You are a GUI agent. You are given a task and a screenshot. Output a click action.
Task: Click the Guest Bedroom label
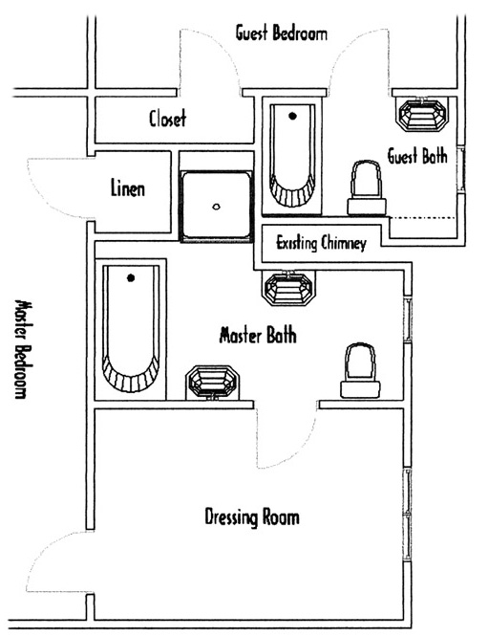pos(281,33)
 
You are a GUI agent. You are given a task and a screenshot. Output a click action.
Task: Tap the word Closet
pos(167,119)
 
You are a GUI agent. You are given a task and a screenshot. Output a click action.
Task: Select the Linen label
pos(128,188)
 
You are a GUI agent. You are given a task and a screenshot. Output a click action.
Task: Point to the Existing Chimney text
pos(321,243)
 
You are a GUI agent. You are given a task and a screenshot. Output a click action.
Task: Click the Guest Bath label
pos(417,156)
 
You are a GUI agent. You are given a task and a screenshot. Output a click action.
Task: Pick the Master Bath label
pos(258,335)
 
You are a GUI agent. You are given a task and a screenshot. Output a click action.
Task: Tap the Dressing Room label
pos(252,517)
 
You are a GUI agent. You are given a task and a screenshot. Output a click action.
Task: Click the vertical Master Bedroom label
pos(21,349)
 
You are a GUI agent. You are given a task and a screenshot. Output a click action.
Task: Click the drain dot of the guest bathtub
pos(292,116)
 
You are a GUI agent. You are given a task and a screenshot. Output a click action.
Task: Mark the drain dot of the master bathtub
pos(131,278)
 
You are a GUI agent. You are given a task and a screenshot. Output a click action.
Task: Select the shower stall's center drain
pos(216,207)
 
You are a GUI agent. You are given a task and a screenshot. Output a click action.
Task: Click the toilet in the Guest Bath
pos(367,187)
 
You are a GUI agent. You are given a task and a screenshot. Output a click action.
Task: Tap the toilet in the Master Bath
pos(360,370)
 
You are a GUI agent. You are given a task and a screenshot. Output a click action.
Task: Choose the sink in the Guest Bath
pos(421,114)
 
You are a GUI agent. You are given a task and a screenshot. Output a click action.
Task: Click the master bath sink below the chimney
pos(288,288)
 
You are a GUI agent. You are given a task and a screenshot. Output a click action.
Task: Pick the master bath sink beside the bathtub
pos(213,383)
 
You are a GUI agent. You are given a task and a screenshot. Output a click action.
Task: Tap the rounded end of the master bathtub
pos(131,375)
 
